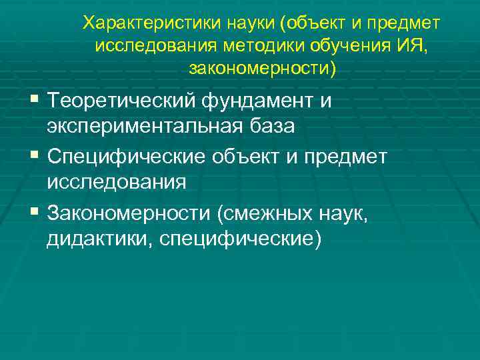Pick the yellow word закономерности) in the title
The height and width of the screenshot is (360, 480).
pos(264,68)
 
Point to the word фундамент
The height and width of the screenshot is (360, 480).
pos(263,102)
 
